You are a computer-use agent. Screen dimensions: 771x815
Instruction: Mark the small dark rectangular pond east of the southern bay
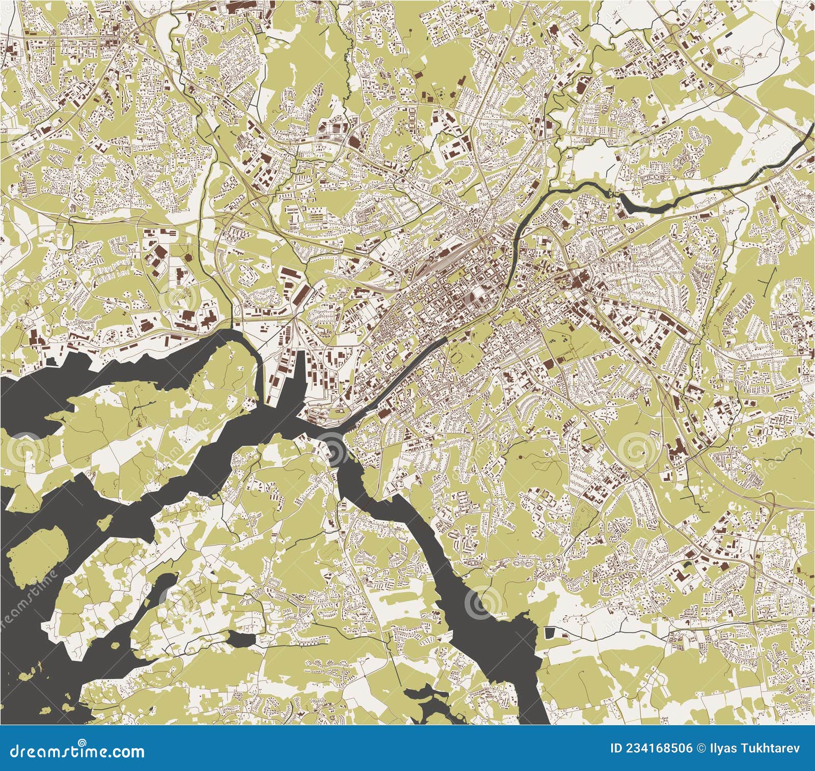[549, 633]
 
